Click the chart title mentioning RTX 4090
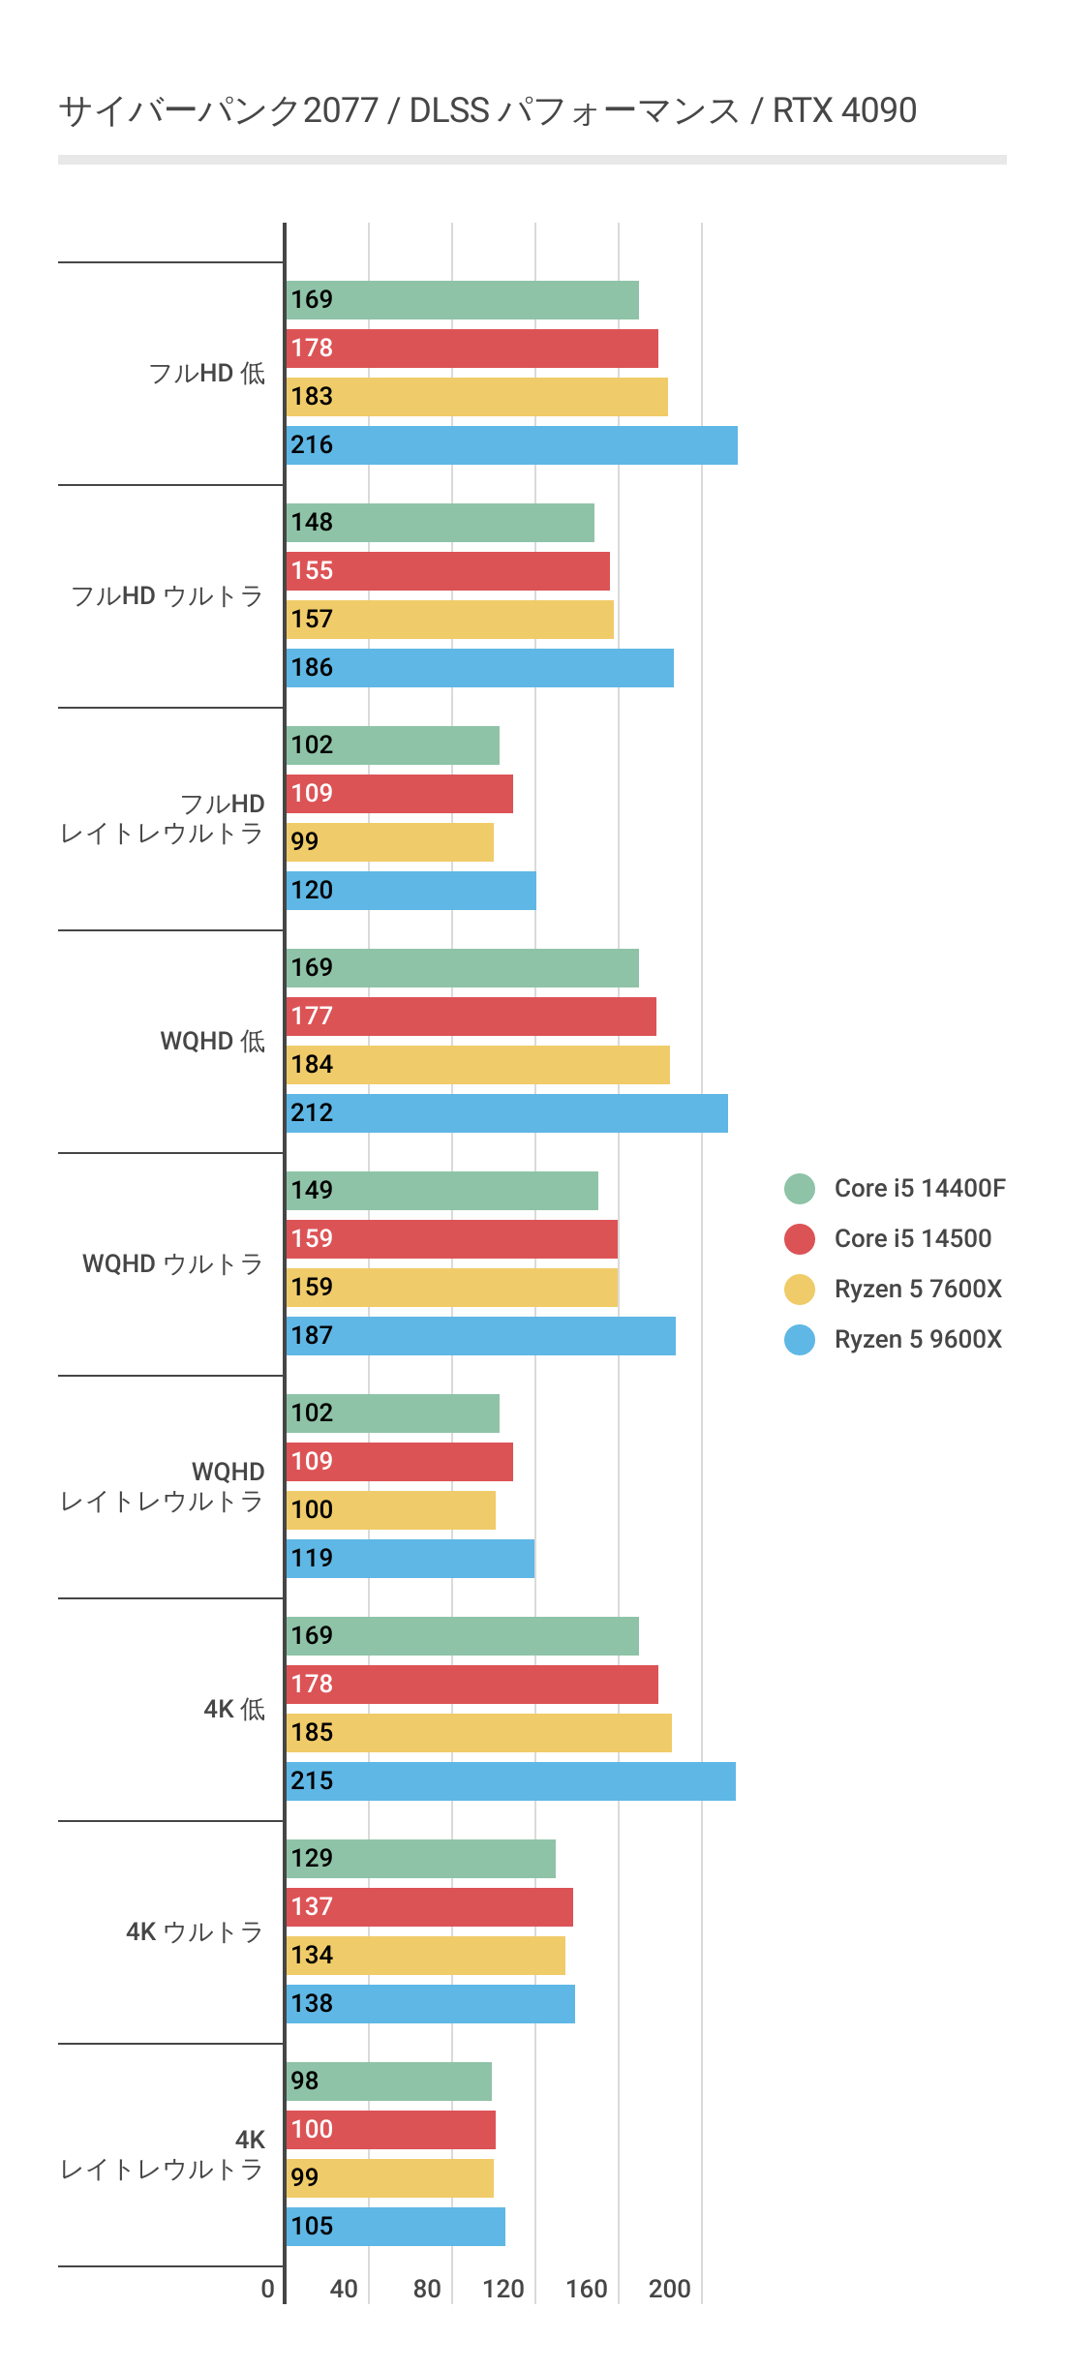point(487,110)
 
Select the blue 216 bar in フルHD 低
point(511,445)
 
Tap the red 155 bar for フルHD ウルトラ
point(447,571)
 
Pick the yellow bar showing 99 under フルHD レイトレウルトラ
point(389,842)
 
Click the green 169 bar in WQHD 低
point(462,968)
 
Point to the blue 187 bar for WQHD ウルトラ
point(480,1336)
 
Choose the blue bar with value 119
point(410,1559)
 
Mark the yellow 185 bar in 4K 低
point(478,1733)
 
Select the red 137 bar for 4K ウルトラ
point(429,1907)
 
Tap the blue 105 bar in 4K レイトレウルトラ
point(395,2227)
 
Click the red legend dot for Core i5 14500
point(800,1238)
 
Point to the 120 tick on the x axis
point(503,2289)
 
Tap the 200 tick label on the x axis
point(669,2289)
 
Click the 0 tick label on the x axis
point(268,2289)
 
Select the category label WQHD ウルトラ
point(173,1263)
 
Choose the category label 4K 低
point(234,1709)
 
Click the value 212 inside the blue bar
point(312,1113)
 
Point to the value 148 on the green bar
point(312,523)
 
